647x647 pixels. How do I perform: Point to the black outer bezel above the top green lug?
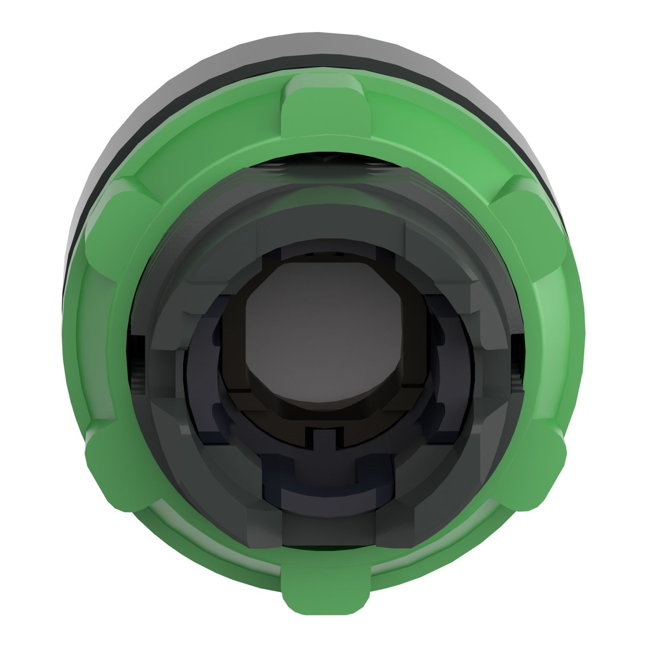[x=323, y=47]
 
